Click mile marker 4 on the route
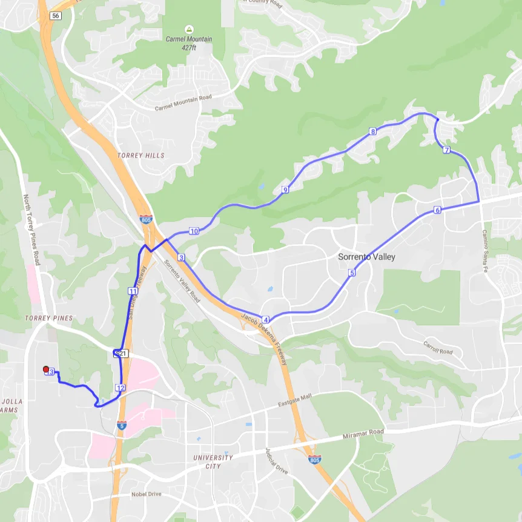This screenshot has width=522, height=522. click(x=265, y=319)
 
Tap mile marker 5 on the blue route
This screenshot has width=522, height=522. click(x=352, y=273)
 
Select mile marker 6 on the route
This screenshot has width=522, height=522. click(x=437, y=210)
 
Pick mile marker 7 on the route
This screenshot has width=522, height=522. click(x=446, y=150)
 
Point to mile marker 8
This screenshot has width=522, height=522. click(x=372, y=131)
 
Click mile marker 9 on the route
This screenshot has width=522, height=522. click(x=285, y=190)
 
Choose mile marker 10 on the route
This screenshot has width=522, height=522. click(x=194, y=231)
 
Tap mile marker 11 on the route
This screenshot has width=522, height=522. click(x=132, y=291)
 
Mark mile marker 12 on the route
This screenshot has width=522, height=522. click(x=120, y=388)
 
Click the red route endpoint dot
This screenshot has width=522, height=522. click(x=45, y=369)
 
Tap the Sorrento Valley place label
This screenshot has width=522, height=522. click(x=366, y=257)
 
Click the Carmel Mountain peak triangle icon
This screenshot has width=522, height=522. click(x=189, y=28)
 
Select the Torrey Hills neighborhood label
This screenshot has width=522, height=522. click(x=141, y=156)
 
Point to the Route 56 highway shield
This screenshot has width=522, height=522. click(x=56, y=16)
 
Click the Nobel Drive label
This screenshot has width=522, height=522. click(x=147, y=494)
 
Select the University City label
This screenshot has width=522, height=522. click(x=213, y=461)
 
